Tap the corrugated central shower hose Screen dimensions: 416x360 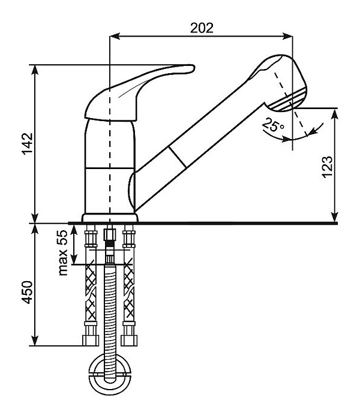click(110, 312)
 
